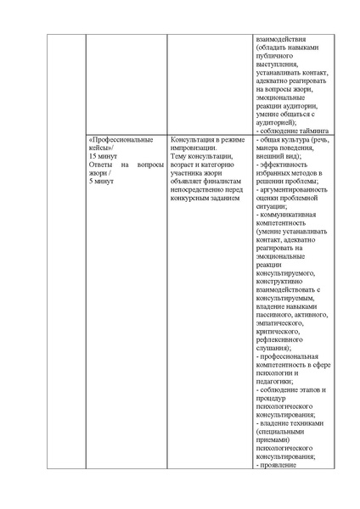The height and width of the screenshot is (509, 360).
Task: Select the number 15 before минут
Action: [93, 157]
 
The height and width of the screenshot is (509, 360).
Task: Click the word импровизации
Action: [197, 148]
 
